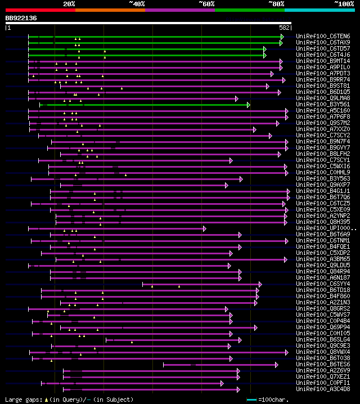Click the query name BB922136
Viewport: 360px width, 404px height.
coord(21,18)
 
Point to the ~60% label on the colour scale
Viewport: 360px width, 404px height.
coord(206,3)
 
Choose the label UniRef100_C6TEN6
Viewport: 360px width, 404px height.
coord(323,37)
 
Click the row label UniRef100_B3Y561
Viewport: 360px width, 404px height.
coord(323,105)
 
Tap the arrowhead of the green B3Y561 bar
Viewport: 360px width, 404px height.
coord(248,105)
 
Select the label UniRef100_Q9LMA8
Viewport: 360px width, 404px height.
coord(323,98)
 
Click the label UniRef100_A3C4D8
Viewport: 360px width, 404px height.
coord(323,389)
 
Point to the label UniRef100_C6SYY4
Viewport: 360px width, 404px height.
coord(323,284)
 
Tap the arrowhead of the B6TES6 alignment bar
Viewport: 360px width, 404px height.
coord(277,365)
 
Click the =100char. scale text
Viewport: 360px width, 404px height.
coord(276,399)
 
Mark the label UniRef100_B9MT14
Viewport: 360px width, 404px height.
coord(323,61)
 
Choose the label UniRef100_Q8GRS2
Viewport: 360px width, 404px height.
coord(323,309)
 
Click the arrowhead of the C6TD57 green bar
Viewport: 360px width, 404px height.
coord(264,49)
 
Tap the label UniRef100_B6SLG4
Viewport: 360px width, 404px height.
coord(323,340)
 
